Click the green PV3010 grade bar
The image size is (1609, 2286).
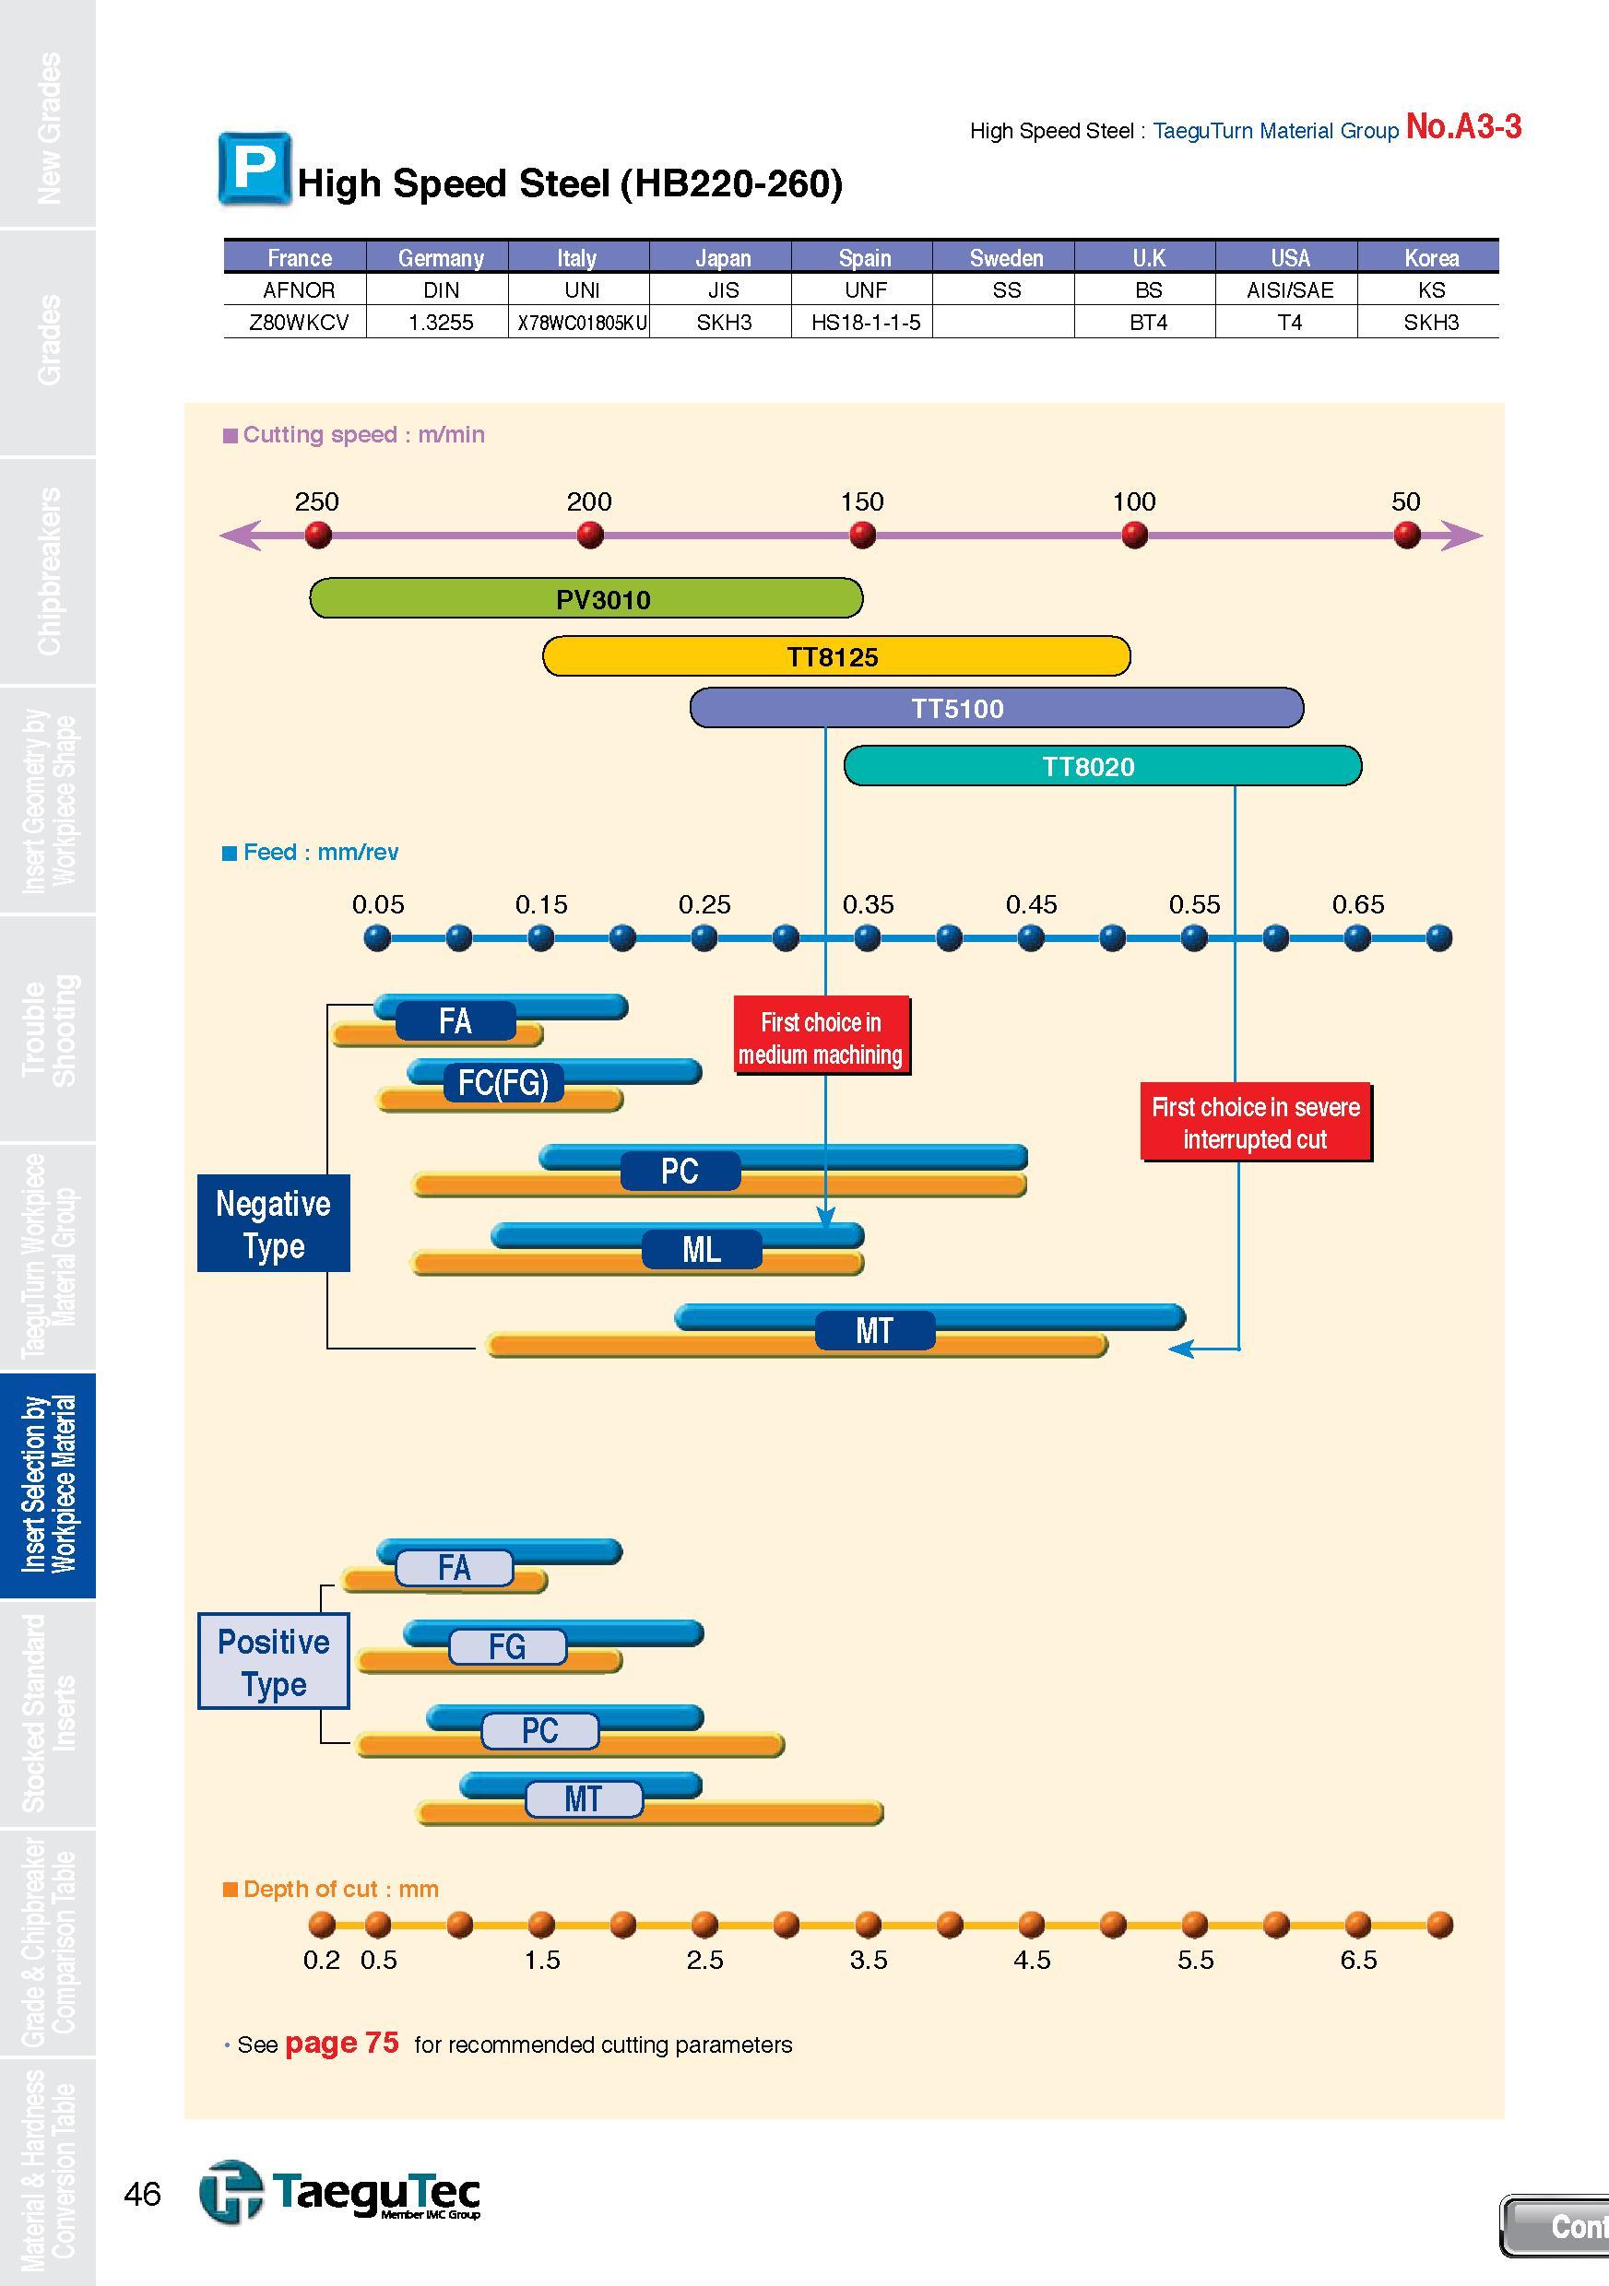click(x=586, y=598)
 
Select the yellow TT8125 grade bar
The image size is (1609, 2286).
click(x=836, y=656)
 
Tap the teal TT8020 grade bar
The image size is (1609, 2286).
click(x=1102, y=766)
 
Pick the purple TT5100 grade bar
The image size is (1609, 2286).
click(x=997, y=708)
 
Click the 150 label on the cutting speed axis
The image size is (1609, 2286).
click(x=862, y=501)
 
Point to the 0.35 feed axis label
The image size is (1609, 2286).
click(x=869, y=904)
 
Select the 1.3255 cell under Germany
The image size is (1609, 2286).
click(x=441, y=323)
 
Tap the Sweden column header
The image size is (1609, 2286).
click(x=1006, y=258)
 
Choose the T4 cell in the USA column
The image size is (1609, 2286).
click(x=1289, y=323)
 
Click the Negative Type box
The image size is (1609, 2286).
click(x=274, y=1223)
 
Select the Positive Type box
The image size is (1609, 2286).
click(x=274, y=1662)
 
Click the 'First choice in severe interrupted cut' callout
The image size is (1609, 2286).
click(x=1256, y=1122)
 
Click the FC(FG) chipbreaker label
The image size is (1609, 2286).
click(x=503, y=1082)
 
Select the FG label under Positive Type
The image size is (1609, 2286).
click(x=507, y=1647)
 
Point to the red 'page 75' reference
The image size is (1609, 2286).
click(x=341, y=2043)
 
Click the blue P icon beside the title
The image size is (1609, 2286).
click(x=254, y=170)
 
